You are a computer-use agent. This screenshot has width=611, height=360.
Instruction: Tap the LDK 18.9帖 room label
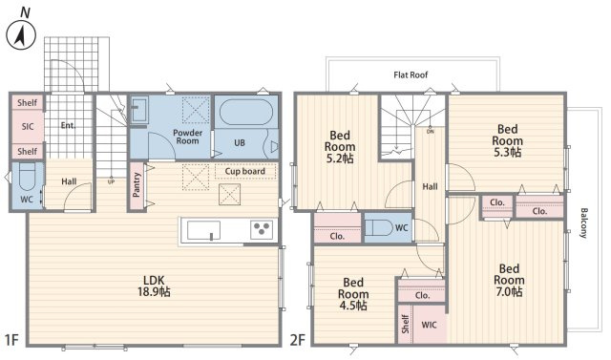[154, 286]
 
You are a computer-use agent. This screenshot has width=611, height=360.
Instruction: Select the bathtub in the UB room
[246, 113]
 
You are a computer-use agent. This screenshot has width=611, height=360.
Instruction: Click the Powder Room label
[187, 137]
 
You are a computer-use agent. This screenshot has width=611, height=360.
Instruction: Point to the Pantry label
[136, 185]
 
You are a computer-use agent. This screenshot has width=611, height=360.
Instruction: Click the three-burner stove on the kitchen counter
[262, 228]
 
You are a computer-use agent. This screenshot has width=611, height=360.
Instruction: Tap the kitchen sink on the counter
[203, 231]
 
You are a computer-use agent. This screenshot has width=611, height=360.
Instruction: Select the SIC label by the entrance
[28, 127]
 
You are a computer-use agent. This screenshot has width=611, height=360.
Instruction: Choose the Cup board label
[245, 171]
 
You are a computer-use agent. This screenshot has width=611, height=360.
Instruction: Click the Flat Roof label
[411, 74]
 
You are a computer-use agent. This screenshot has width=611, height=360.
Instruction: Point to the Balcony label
[583, 222]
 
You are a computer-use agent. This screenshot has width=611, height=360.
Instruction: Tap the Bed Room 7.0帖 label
[509, 280]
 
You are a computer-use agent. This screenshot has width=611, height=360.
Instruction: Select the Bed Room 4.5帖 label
[352, 294]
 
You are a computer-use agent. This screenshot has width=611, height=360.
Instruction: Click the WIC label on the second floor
[429, 325]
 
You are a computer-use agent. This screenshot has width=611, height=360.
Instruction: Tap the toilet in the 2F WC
[380, 227]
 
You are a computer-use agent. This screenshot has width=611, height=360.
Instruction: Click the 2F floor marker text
[297, 340]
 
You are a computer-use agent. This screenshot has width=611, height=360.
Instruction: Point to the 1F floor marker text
[12, 340]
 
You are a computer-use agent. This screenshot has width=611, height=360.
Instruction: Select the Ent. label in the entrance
[68, 125]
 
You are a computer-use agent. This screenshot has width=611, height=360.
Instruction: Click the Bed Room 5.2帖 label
[340, 147]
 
